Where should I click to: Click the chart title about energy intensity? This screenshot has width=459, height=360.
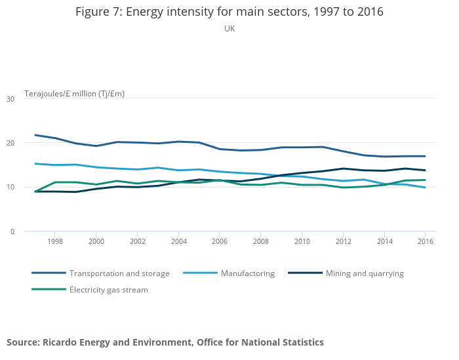[x=229, y=12]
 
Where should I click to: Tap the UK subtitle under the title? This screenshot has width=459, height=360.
[x=229, y=29]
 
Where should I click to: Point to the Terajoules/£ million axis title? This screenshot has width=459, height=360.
[x=74, y=94]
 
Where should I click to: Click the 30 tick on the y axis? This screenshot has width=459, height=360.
[x=10, y=99]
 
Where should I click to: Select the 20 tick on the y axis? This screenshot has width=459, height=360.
[x=10, y=143]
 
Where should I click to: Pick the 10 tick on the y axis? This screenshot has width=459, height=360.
[x=10, y=188]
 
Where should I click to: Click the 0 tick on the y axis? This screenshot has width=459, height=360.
[x=12, y=231]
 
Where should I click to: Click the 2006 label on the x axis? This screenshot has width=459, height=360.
[x=219, y=242]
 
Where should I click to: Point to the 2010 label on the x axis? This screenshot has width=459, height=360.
[x=302, y=242]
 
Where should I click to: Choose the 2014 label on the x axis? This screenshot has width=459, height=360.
[x=384, y=242]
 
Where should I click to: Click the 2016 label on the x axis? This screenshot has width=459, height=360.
[x=425, y=242]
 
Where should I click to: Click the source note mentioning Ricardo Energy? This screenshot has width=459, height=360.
[x=165, y=342]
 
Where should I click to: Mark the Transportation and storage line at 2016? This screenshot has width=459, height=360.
[x=425, y=156]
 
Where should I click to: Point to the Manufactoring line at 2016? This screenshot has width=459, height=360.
[x=425, y=188]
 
